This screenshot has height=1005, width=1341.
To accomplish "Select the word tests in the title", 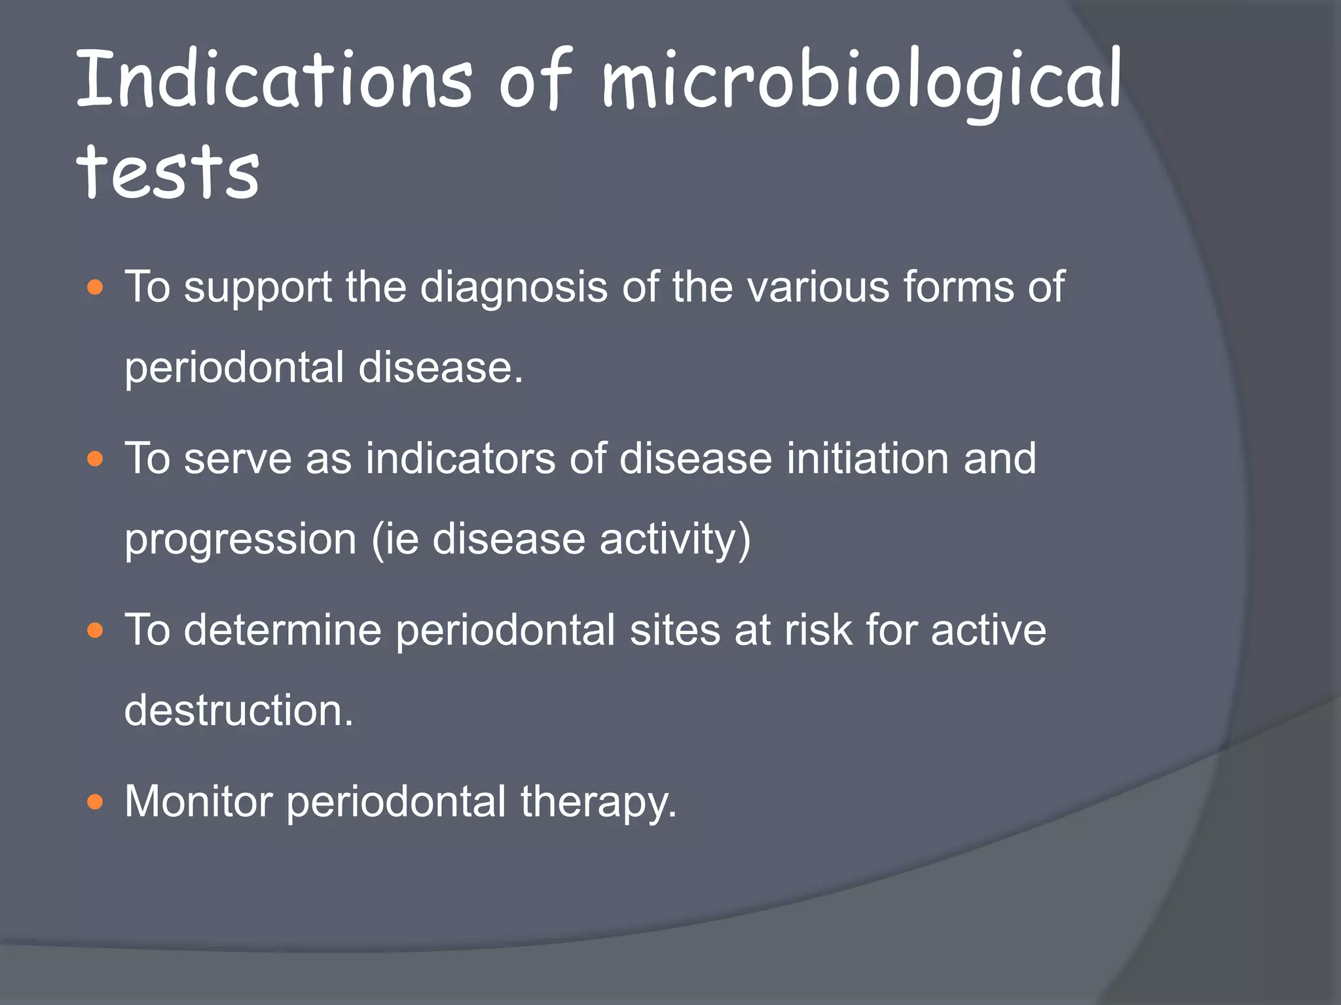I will pyautogui.click(x=168, y=171).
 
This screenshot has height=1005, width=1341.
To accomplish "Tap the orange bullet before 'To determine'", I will pyautogui.click(x=96, y=631).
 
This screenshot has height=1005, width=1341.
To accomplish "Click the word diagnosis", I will pyautogui.click(x=513, y=288).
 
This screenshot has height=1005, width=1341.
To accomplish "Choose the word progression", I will pyautogui.click(x=240, y=540).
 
